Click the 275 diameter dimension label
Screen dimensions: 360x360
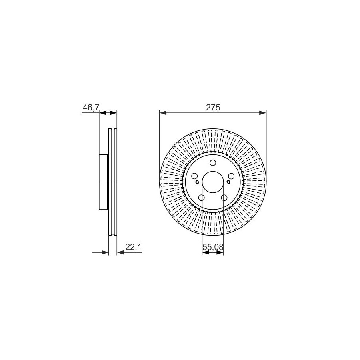point(213,108)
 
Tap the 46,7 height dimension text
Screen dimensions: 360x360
point(91,108)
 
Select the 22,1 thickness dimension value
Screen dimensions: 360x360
point(133,247)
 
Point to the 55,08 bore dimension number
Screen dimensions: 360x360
point(213,247)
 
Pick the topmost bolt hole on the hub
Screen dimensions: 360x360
point(213,163)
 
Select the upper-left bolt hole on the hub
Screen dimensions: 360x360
point(194,176)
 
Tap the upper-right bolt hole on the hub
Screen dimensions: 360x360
point(231,176)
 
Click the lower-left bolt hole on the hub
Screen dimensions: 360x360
point(201,198)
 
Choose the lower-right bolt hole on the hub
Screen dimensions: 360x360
point(224,198)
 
